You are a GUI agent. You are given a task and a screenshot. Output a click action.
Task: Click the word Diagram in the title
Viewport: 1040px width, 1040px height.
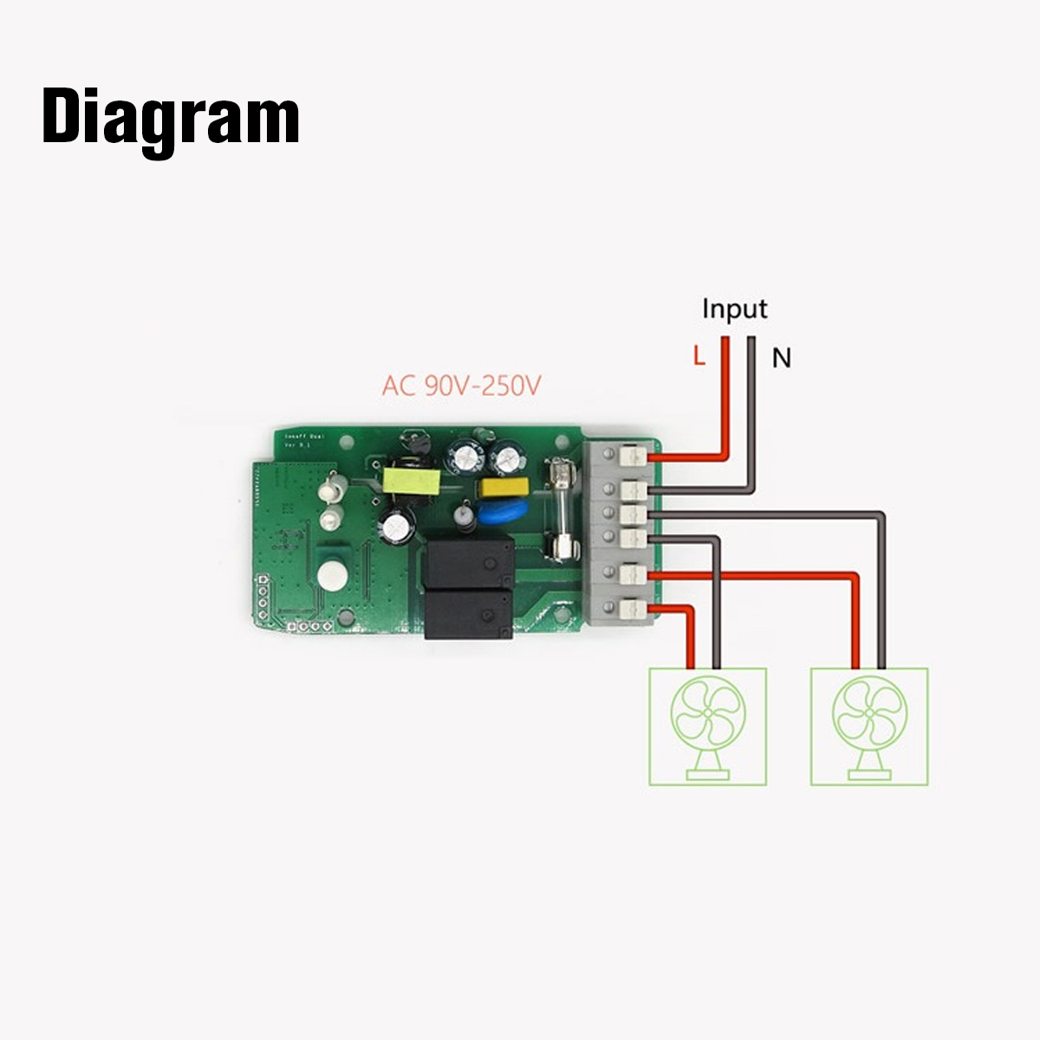pyautogui.click(x=171, y=119)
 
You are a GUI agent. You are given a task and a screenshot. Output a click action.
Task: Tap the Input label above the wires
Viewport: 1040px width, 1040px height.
pyautogui.click(x=734, y=309)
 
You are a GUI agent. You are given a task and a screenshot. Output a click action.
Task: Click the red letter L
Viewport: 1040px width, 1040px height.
pyautogui.click(x=699, y=355)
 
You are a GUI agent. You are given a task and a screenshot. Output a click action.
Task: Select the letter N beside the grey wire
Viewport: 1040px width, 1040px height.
pyautogui.click(x=782, y=357)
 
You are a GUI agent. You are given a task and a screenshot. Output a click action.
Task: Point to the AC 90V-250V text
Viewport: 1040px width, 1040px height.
pyautogui.click(x=461, y=385)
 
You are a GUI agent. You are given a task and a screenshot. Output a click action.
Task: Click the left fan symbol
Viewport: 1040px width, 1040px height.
pyautogui.click(x=707, y=726)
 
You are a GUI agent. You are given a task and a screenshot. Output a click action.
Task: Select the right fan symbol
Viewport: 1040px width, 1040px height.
pyautogui.click(x=868, y=726)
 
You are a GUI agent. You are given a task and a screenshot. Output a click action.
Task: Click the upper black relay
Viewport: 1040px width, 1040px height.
pyautogui.click(x=466, y=562)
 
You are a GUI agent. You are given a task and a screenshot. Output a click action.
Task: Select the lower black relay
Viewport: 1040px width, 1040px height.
pyautogui.click(x=467, y=614)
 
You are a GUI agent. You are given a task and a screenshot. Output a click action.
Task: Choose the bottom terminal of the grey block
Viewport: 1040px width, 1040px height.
pyautogui.click(x=634, y=609)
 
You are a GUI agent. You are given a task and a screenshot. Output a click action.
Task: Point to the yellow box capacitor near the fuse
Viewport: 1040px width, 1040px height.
pyautogui.click(x=492, y=488)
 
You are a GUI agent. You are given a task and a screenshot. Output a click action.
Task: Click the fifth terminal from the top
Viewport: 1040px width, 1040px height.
pyautogui.click(x=634, y=574)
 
